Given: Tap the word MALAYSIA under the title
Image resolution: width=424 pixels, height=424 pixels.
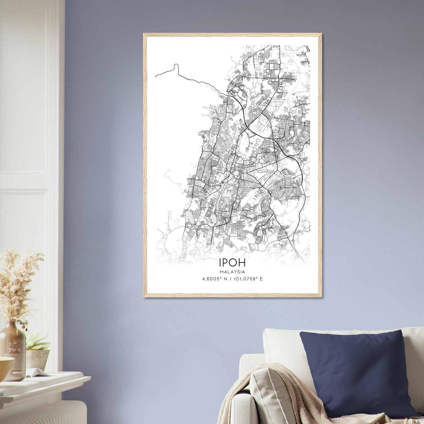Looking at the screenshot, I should [x=232, y=272].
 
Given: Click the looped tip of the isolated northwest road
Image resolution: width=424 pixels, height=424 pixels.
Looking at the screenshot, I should [x=176, y=65].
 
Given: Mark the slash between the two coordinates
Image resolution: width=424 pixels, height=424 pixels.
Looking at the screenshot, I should [x=231, y=279].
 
